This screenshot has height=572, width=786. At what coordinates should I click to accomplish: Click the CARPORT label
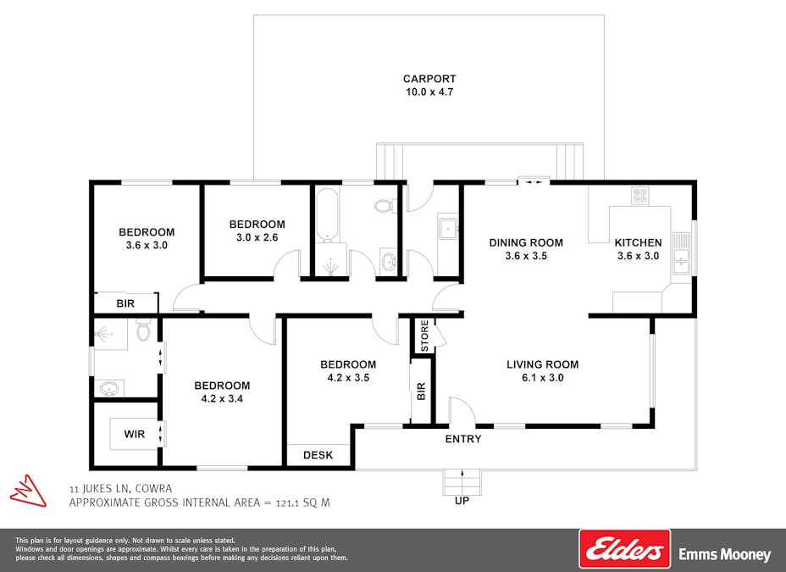pos(429,79)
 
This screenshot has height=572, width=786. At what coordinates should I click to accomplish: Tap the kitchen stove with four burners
pos(640,195)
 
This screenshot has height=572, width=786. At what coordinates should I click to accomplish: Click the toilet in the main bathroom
pos(385,206)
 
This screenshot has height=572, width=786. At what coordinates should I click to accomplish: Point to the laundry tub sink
pos(447,230)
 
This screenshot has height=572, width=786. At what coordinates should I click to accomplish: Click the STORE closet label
pos(424,336)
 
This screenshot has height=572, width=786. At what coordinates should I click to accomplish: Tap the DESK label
pos(318,455)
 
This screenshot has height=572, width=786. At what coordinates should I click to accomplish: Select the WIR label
pos(135,434)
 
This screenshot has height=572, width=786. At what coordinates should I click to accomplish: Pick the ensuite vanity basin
pos(109,388)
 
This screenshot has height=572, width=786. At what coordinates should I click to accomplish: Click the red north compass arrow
pos(28,491)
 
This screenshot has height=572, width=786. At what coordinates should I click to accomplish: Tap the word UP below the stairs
pos(462,501)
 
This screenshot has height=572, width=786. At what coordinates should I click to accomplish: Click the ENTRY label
pos(463,439)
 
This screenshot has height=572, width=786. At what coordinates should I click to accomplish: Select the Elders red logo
pos(624,549)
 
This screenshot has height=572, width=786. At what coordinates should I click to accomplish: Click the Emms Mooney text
pos(725,554)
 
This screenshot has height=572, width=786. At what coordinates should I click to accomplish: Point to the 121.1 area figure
pos(288,503)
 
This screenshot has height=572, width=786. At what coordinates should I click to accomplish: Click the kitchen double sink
pos(681,254)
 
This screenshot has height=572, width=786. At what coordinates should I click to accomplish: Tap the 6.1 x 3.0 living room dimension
pos(543,377)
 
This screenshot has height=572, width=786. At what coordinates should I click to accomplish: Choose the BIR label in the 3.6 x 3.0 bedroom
pos(125,303)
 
